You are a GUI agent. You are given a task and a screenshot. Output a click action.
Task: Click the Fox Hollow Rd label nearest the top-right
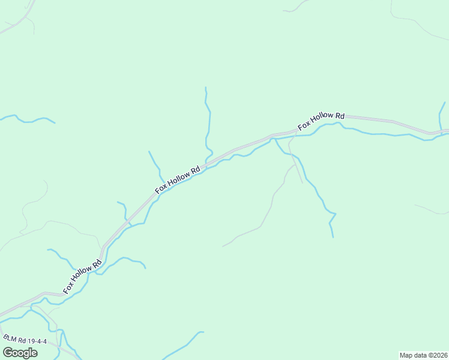coord(322,121)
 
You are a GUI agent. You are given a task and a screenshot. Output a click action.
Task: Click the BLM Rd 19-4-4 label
coord(25,340)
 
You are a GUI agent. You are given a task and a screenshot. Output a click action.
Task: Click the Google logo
coord(20,352)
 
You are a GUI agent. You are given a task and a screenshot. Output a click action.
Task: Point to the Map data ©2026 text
coord(423,355)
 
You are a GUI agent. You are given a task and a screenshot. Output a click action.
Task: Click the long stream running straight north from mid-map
coord(209,120)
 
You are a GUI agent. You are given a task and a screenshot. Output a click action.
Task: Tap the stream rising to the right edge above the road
coord(441,114)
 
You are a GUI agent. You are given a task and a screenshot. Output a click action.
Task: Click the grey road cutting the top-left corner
coord(18,21)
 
